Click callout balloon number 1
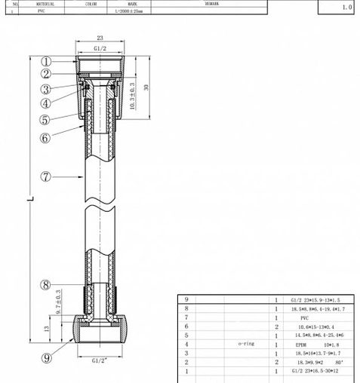(x=46, y=62)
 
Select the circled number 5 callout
(x=46, y=119)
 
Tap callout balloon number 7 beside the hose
(x=46, y=176)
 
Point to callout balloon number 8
(x=46, y=284)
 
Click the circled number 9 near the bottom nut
(x=46, y=359)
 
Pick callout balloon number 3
(x=46, y=89)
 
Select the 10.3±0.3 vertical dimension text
(x=132, y=97)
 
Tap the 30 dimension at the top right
(x=147, y=87)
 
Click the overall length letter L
(x=30, y=199)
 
